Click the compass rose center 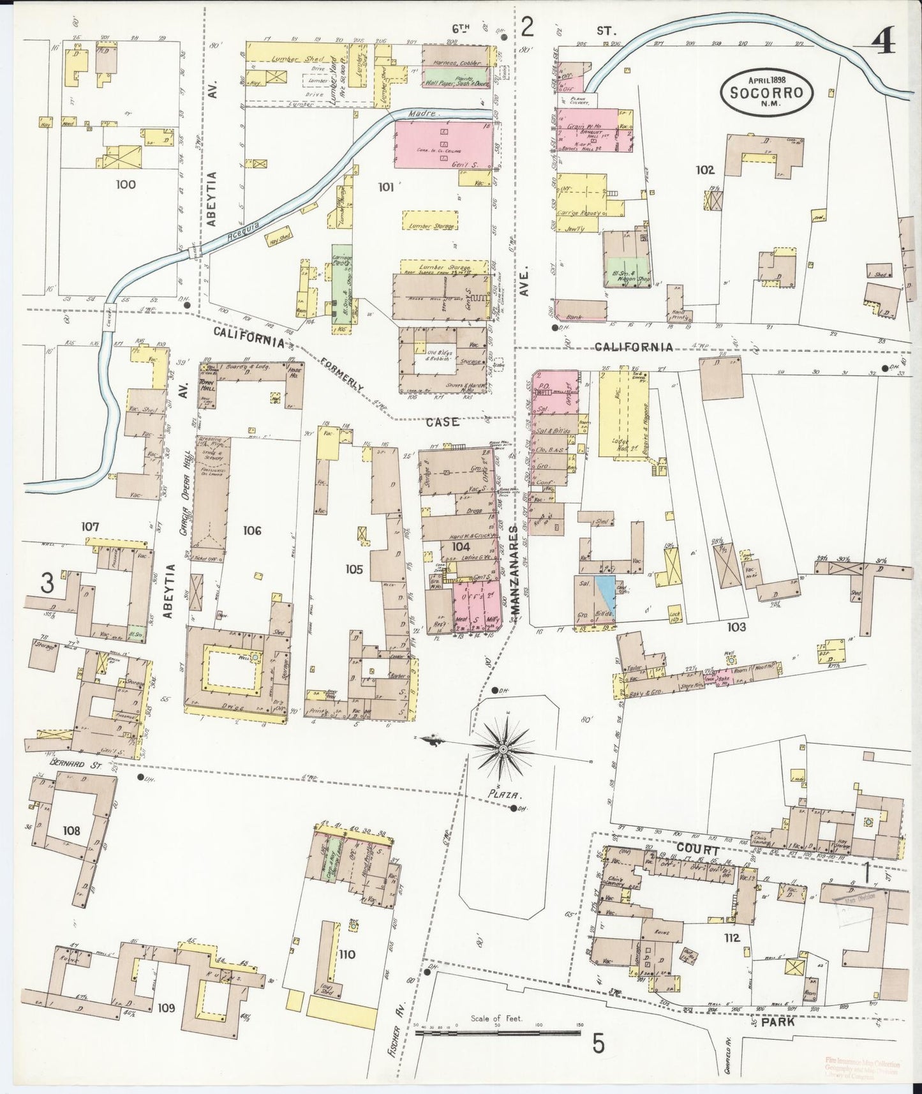(503, 748)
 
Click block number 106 (252, 530)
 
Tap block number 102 (705, 170)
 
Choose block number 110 (347, 955)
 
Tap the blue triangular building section (606, 592)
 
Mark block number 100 (126, 185)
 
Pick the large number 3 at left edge (46, 583)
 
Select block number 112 (731, 938)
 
